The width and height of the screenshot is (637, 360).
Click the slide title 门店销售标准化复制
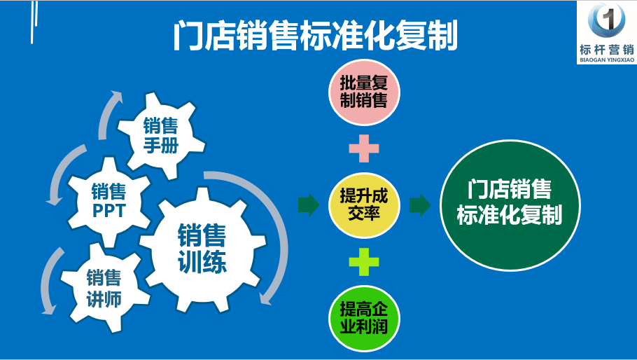316,35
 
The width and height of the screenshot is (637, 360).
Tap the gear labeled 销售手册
161,135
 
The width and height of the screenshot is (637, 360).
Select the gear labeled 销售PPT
108,201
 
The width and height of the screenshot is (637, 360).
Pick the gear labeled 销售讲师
104,288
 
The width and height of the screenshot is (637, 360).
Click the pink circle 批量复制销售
364,92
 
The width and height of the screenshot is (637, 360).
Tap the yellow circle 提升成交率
364,205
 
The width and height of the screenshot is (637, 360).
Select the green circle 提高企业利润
364,318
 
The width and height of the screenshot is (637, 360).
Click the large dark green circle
510,205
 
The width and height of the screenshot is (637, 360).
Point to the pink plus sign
364,148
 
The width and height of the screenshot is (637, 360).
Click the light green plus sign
364,262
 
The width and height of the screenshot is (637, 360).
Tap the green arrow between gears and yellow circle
309,205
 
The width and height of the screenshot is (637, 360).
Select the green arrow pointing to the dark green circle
420,205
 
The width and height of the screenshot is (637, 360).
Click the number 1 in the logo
608,18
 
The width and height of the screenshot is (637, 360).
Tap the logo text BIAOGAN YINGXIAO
607,60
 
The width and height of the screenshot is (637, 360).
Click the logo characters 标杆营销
607,50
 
